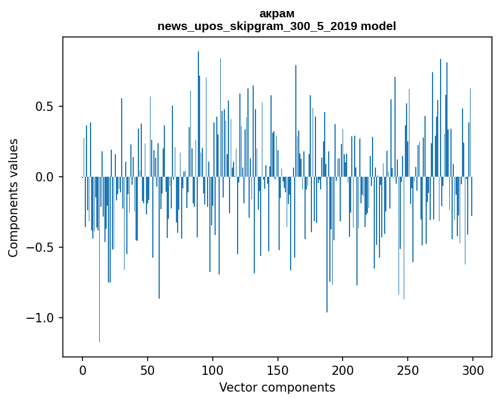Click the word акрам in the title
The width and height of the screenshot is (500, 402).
(x=277, y=14)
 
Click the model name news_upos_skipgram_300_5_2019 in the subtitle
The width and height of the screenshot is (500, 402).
(x=257, y=27)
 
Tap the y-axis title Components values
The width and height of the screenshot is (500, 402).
(x=13, y=198)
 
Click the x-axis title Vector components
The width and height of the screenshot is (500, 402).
(x=277, y=388)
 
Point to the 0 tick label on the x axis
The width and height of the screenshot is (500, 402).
(x=82, y=370)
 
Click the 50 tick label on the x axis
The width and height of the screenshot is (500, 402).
(x=148, y=370)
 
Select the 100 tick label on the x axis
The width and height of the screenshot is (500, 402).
(x=213, y=370)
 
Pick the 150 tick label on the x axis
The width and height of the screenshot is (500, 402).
(x=277, y=370)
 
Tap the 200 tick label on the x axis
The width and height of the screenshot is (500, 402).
(x=343, y=370)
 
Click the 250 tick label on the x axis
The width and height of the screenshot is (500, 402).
(x=408, y=370)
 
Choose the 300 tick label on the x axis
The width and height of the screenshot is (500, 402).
(x=473, y=370)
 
